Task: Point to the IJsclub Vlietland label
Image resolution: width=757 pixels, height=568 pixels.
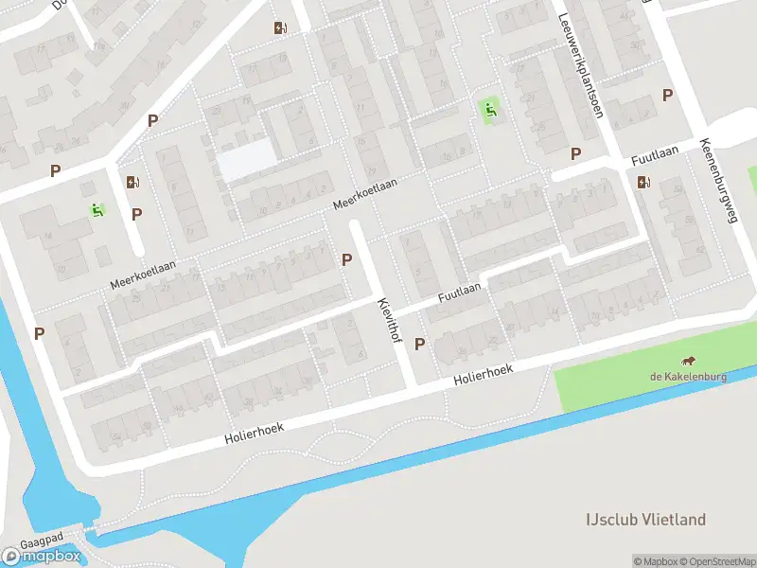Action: (x=645, y=520)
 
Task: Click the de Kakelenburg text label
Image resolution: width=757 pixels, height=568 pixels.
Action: (x=688, y=376)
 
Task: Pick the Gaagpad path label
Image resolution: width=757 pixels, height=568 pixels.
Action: (x=46, y=535)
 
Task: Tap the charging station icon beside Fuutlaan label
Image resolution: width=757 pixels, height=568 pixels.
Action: (x=644, y=183)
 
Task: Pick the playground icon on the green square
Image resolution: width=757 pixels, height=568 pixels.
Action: (x=490, y=111)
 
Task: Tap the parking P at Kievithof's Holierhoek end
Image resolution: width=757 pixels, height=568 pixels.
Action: (x=420, y=345)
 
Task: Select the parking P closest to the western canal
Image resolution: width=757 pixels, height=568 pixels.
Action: (x=40, y=333)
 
